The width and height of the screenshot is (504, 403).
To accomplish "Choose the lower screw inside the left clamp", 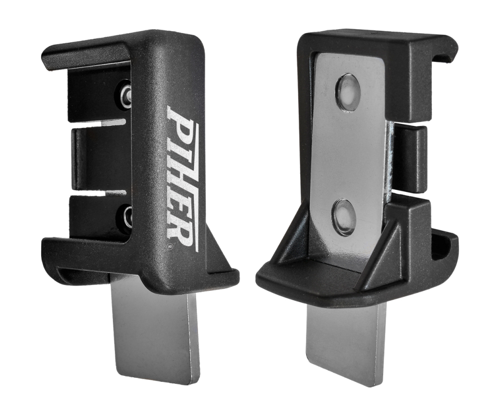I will point(125,218).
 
